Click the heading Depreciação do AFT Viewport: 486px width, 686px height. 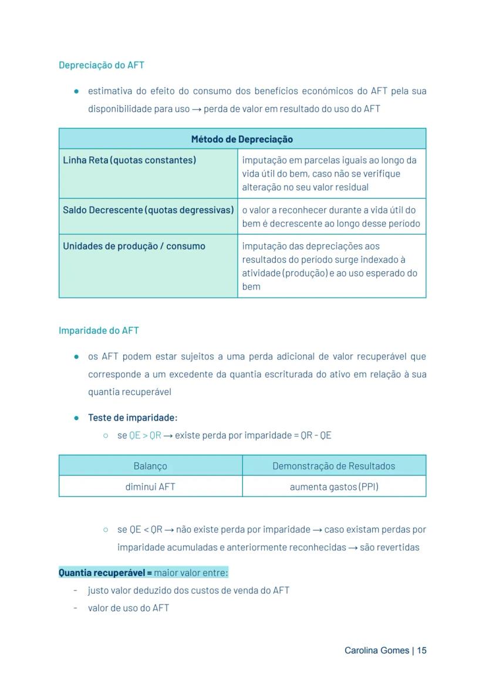click(x=101, y=65)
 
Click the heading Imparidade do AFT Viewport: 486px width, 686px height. click(x=99, y=330)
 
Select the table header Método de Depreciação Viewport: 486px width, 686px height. click(x=242, y=139)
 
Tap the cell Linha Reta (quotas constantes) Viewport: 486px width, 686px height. click(x=130, y=160)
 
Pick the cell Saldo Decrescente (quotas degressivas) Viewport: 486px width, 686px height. click(x=148, y=210)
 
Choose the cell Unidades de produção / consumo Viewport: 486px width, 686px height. click(x=134, y=246)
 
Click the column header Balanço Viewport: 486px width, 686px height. click(x=150, y=466)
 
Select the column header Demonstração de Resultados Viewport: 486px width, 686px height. click(x=333, y=466)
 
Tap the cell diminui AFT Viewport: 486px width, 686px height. click(x=150, y=486)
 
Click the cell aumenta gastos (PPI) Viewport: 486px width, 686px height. click(x=333, y=486)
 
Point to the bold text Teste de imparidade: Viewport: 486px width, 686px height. click(x=133, y=418)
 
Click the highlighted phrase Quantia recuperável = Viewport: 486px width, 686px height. click(x=105, y=573)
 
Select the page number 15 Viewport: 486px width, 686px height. click(x=422, y=650)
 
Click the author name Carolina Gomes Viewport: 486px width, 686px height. click(x=377, y=650)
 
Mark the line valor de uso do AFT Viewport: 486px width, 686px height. click(x=129, y=608)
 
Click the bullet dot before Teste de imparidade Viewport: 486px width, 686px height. click(x=76, y=418)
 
